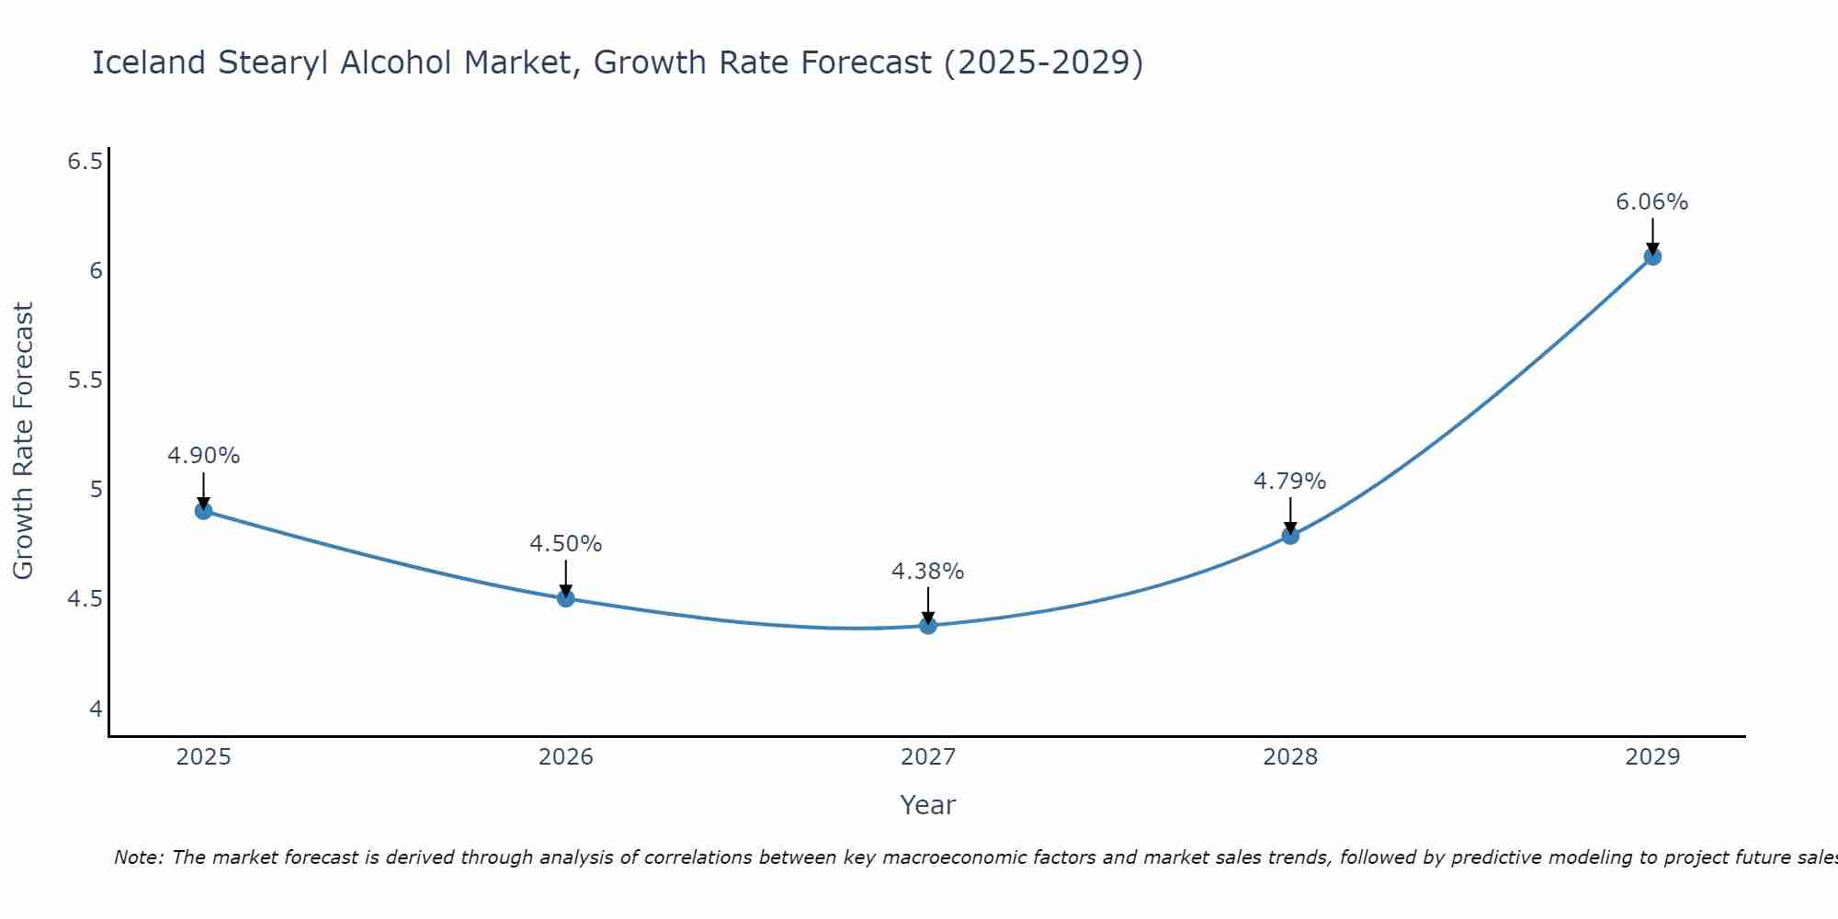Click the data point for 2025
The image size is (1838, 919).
tap(204, 511)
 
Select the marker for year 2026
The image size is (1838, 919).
tap(566, 598)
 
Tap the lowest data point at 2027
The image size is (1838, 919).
tap(928, 626)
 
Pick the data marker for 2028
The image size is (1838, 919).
tap(1290, 536)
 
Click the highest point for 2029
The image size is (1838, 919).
tap(1652, 256)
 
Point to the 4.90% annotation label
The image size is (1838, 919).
tap(204, 456)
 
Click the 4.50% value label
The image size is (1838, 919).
tap(566, 544)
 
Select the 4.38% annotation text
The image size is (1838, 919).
tap(928, 572)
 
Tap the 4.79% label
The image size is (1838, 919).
tap(1290, 482)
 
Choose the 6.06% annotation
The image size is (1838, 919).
tap(1652, 202)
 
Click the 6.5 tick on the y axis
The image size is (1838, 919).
tap(85, 162)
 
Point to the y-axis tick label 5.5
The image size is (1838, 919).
tap(85, 380)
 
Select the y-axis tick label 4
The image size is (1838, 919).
tap(96, 709)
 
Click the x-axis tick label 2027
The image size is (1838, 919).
tap(928, 757)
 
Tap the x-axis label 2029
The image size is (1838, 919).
tap(1652, 757)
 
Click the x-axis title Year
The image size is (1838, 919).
tap(928, 805)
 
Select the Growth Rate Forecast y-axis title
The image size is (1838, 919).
tap(23, 441)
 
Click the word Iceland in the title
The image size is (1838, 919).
tap(149, 62)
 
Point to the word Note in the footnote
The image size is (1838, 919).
tap(138, 857)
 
